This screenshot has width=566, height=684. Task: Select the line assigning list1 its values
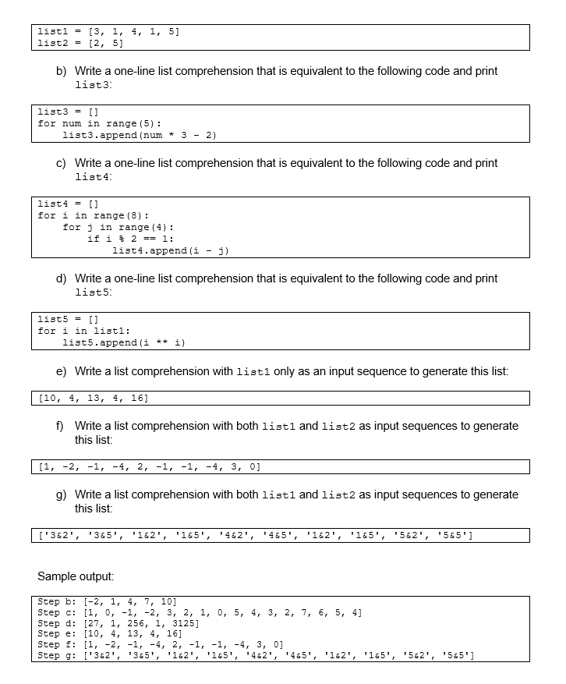coord(110,31)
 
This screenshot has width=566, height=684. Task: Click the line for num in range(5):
coord(100,123)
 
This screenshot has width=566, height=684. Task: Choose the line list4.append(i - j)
coord(171,250)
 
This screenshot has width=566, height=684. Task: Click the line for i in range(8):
coord(94,215)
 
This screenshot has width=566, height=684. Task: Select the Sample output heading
coord(76,576)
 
